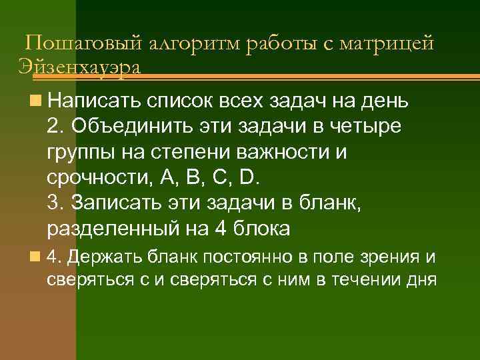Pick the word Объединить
click(129, 127)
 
